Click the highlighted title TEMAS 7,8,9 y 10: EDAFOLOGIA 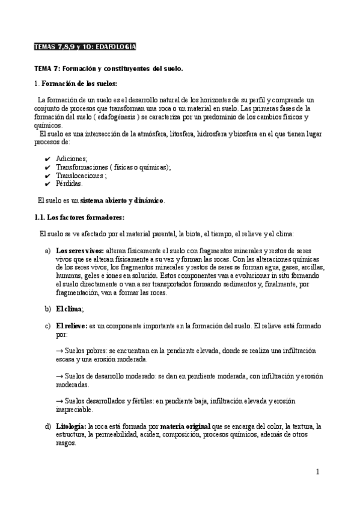(x=84, y=47)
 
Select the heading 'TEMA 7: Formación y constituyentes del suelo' (x=108, y=69)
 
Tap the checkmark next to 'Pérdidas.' (x=47, y=184)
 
